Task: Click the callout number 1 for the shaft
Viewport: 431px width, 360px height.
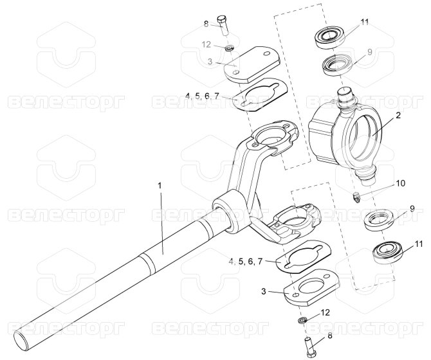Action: (160, 186)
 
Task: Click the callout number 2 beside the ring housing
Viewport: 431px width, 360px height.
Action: (398, 115)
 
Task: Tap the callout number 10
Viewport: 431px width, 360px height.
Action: (401, 183)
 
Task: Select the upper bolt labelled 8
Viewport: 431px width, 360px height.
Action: (223, 25)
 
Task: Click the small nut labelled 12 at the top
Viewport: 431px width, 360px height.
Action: (229, 49)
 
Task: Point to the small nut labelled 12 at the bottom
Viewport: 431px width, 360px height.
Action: (302, 320)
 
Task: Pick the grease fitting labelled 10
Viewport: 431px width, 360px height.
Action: (356, 198)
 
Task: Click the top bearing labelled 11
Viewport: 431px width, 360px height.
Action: (330, 38)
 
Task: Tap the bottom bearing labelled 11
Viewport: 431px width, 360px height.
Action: (387, 252)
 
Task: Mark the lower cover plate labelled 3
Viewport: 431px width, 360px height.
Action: (311, 287)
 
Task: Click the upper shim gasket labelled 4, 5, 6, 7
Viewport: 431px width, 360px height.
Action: (260, 94)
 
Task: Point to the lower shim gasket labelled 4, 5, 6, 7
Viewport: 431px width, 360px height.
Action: (304, 257)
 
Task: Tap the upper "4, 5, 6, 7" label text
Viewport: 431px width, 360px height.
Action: (202, 96)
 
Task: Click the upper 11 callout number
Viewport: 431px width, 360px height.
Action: (365, 22)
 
